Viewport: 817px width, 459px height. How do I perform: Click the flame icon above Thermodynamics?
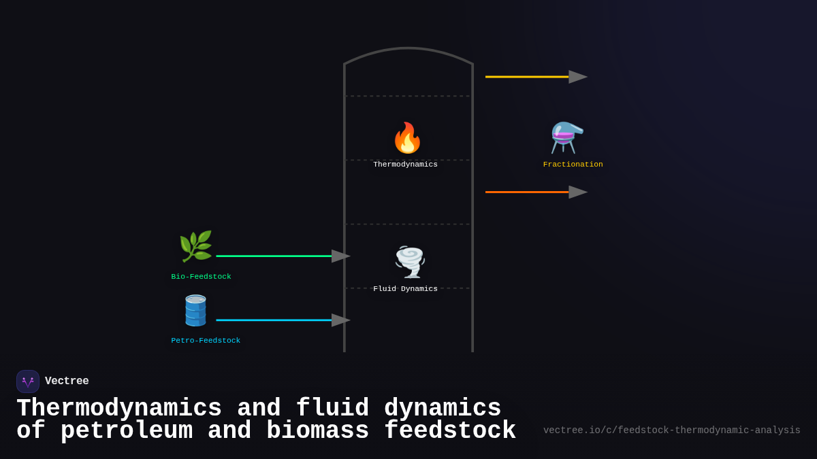coord(407,138)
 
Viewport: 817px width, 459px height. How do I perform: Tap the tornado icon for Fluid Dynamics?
coord(409,262)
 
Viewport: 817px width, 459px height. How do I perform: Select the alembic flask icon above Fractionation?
coord(567,137)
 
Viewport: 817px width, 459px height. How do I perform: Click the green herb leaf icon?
coord(195,246)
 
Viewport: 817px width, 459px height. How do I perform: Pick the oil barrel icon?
coord(195,311)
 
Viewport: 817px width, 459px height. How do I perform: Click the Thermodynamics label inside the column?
coord(405,165)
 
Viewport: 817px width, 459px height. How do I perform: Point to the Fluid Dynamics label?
coord(405,289)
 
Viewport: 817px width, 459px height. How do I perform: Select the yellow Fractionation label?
coord(573,165)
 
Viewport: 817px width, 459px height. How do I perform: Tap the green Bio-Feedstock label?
coord(201,277)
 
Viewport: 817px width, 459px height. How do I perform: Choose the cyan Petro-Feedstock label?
coord(206,341)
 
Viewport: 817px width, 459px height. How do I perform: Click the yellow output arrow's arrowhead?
coord(577,77)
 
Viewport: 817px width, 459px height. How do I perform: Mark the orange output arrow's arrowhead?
coord(577,192)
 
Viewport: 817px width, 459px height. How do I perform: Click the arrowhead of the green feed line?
coord(340,256)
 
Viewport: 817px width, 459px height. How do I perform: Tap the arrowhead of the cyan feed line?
coord(340,320)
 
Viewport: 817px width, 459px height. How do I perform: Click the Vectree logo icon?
coord(28,381)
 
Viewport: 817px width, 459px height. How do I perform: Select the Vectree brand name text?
coord(67,381)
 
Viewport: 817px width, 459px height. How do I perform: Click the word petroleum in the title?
coord(126,431)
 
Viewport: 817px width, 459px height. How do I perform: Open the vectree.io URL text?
coord(671,430)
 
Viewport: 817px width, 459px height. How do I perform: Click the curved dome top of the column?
coord(408,49)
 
